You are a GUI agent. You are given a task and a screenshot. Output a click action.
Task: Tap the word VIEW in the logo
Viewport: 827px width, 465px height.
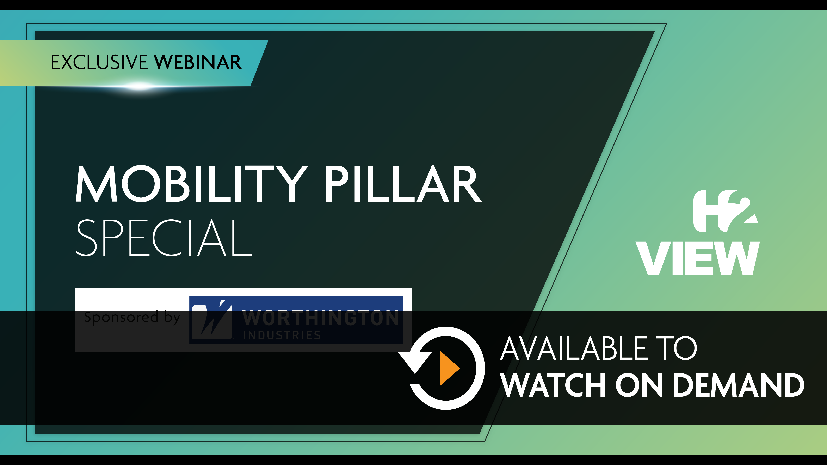698,258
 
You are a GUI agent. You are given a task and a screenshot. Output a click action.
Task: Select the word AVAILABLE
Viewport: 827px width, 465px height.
574,348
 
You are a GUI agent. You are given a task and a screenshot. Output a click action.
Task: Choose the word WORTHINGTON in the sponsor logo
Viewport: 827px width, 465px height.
320,318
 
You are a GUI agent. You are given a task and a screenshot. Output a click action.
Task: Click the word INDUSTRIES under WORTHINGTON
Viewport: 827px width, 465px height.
282,335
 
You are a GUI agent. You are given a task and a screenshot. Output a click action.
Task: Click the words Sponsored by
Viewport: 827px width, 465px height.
132,317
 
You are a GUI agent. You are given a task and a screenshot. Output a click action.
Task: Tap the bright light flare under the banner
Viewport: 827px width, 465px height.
140,86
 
